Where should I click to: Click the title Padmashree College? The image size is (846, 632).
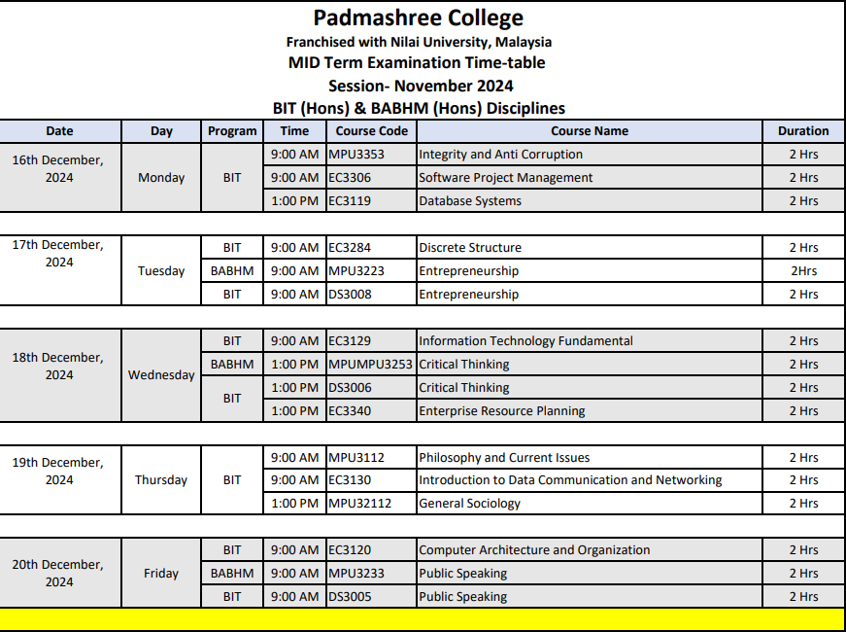tap(419, 18)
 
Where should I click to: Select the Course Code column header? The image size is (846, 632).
tap(371, 131)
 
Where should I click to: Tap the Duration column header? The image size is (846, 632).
tap(802, 131)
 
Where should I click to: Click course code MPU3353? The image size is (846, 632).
tap(356, 155)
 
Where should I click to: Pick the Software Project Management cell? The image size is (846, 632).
tap(505, 178)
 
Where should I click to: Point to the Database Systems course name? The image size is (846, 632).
tap(470, 201)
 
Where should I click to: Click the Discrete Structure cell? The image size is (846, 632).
tap(470, 248)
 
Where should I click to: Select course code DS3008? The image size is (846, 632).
tap(350, 295)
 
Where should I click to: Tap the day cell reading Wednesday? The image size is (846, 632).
tap(161, 375)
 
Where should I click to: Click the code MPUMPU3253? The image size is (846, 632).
tap(370, 365)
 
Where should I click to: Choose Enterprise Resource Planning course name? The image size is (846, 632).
tap(501, 411)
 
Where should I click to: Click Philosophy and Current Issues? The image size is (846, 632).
tap(504, 458)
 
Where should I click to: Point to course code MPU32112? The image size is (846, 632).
tap(359, 504)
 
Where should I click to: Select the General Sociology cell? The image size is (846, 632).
tap(469, 504)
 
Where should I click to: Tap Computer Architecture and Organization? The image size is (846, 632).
tap(533, 550)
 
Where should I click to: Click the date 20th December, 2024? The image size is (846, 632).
tap(58, 573)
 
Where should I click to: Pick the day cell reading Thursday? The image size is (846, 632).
tap(161, 480)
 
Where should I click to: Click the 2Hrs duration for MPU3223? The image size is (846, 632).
tap(802, 271)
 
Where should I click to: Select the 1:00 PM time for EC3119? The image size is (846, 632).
tap(294, 201)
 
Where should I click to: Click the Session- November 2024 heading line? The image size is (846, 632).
tap(421, 86)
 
